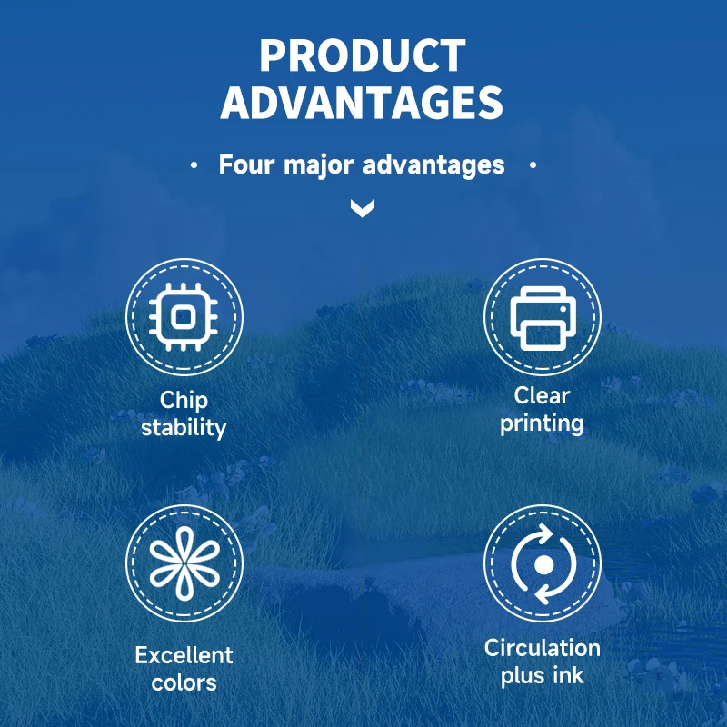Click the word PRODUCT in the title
(363, 55)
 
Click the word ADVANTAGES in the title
(362, 103)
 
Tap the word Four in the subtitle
(246, 164)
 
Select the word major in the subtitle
(319, 166)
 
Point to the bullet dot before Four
(194, 165)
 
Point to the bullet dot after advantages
(533, 164)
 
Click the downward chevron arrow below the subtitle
(363, 208)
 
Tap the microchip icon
(184, 317)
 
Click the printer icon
(543, 318)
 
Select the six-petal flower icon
(184, 563)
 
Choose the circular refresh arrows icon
(543, 564)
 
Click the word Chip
(184, 401)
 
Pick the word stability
(184, 427)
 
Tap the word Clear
(542, 396)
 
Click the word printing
(542, 423)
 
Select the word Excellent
(184, 655)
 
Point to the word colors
(184, 683)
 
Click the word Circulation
(543, 648)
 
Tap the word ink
(568, 675)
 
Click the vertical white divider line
(363, 482)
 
